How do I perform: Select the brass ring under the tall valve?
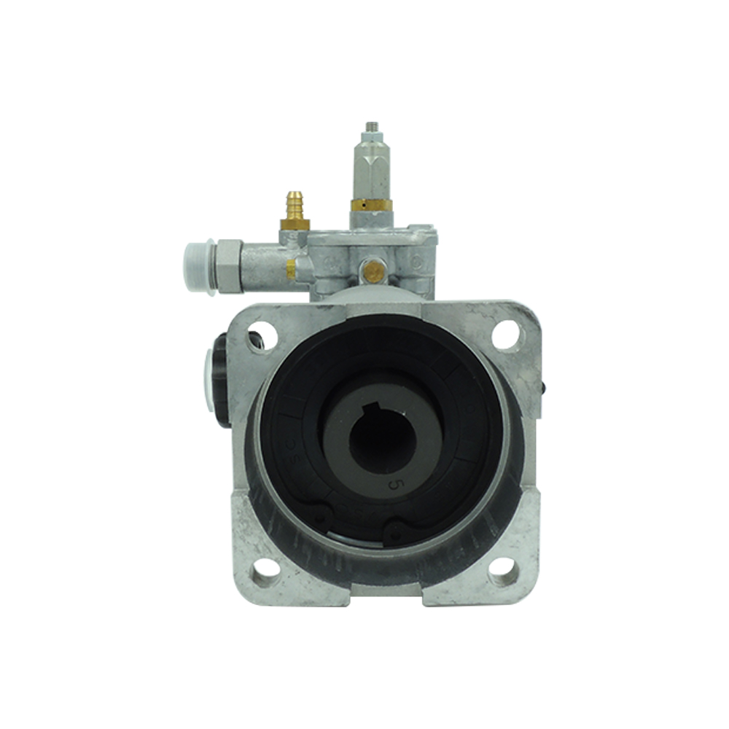tap(371, 205)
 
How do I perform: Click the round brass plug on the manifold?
tap(375, 272)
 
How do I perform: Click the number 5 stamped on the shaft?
tap(394, 483)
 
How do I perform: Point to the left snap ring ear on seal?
tap(320, 515)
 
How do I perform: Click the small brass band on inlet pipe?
tap(290, 269)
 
